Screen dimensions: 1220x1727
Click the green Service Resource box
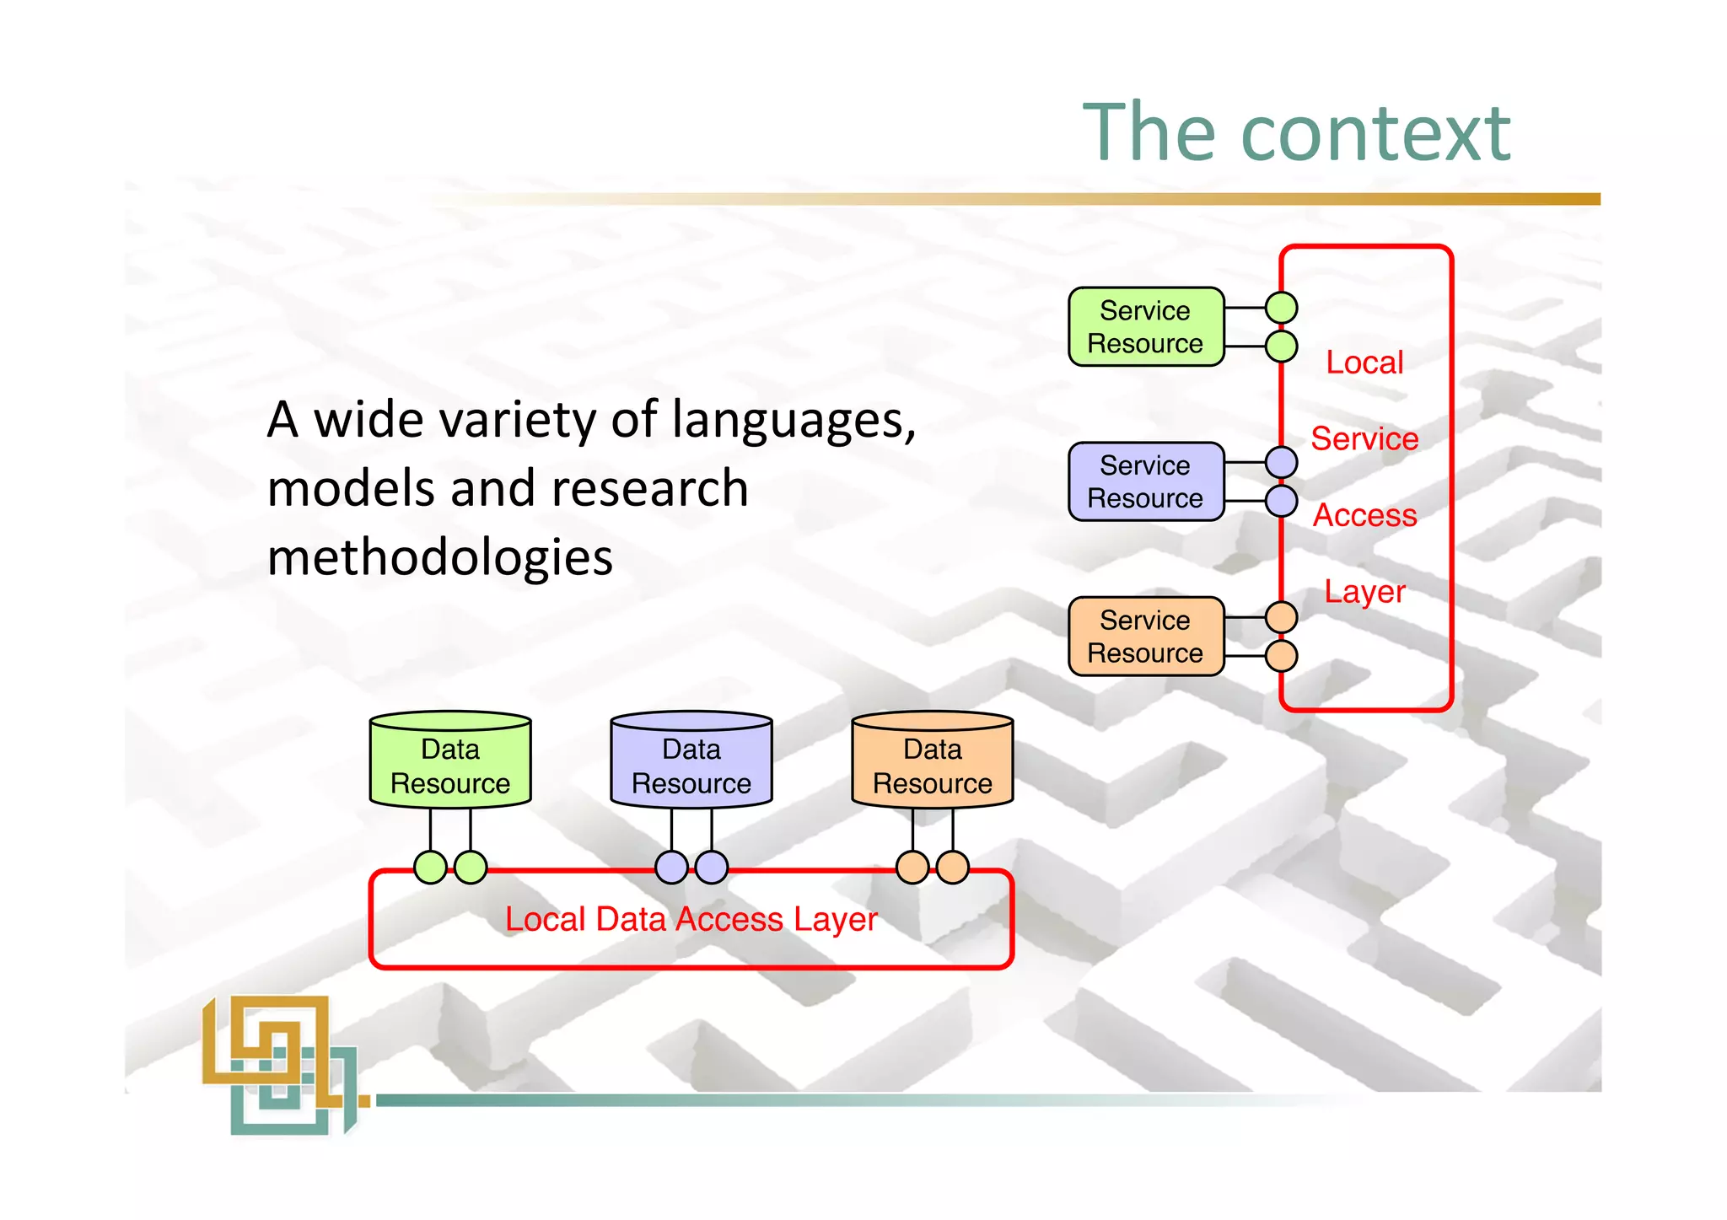1145,327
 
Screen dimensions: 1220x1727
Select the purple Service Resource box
1145,481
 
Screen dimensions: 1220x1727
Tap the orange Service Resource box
1145,637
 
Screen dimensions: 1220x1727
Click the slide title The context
1296,132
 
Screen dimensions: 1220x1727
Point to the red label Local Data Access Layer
691,919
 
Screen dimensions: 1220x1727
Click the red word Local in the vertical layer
1364,363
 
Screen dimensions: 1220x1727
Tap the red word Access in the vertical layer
1364,515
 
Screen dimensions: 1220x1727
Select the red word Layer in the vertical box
1364,591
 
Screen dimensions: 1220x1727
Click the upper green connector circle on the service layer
1282,308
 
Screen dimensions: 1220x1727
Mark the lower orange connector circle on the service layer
1282,656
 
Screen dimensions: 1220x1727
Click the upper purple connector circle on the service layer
1282,462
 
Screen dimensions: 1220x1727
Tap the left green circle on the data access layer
431,867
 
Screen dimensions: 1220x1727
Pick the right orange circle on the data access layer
953,867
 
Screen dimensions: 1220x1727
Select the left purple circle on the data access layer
672,867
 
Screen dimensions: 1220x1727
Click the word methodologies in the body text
440,558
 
